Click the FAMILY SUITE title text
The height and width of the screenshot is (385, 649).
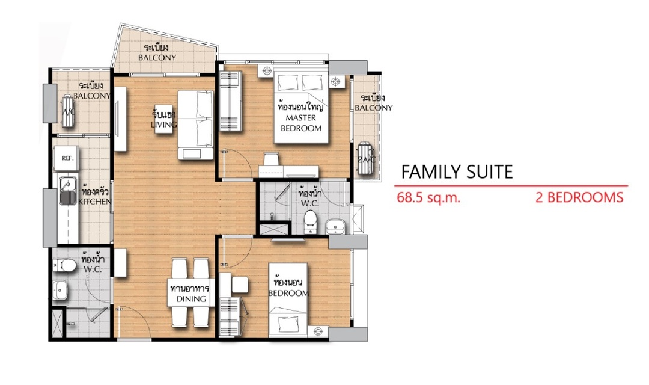pos(457,171)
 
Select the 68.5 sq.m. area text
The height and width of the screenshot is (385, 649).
pos(428,197)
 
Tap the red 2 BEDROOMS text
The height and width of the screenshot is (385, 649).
pos(579,197)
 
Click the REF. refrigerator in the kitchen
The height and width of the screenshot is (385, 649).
pos(66,158)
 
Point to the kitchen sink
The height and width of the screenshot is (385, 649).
pos(68,191)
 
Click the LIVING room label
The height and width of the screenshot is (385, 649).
pos(164,125)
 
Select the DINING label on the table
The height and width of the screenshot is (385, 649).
pos(191,299)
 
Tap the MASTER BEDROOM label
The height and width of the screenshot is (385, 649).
pos(301,123)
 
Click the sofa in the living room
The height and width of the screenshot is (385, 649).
pos(196,125)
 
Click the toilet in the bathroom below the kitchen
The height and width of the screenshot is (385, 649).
pos(64,265)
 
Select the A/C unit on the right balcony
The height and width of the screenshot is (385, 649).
pos(365,158)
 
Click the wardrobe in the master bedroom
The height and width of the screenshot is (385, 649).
pos(230,101)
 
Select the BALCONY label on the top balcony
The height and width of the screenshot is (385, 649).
pos(157,58)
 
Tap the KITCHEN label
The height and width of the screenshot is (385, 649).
pos(95,202)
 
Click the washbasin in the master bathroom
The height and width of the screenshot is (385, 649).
pos(335,227)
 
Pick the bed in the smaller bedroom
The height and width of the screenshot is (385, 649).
pos(288,300)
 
